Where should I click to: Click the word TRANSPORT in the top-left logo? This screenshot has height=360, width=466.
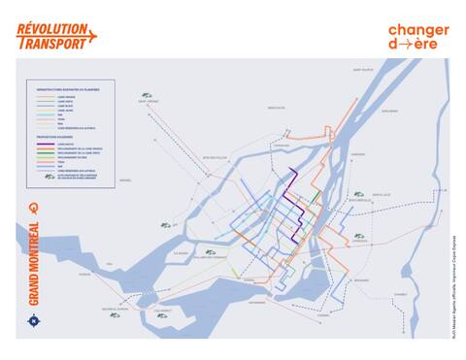tap(54, 41)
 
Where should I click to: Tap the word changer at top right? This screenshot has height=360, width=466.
tap(418, 30)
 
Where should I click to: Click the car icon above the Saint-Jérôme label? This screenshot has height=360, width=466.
tap(148, 92)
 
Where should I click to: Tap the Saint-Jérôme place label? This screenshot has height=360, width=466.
tap(148, 101)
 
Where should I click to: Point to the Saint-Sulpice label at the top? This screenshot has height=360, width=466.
tap(363, 70)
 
